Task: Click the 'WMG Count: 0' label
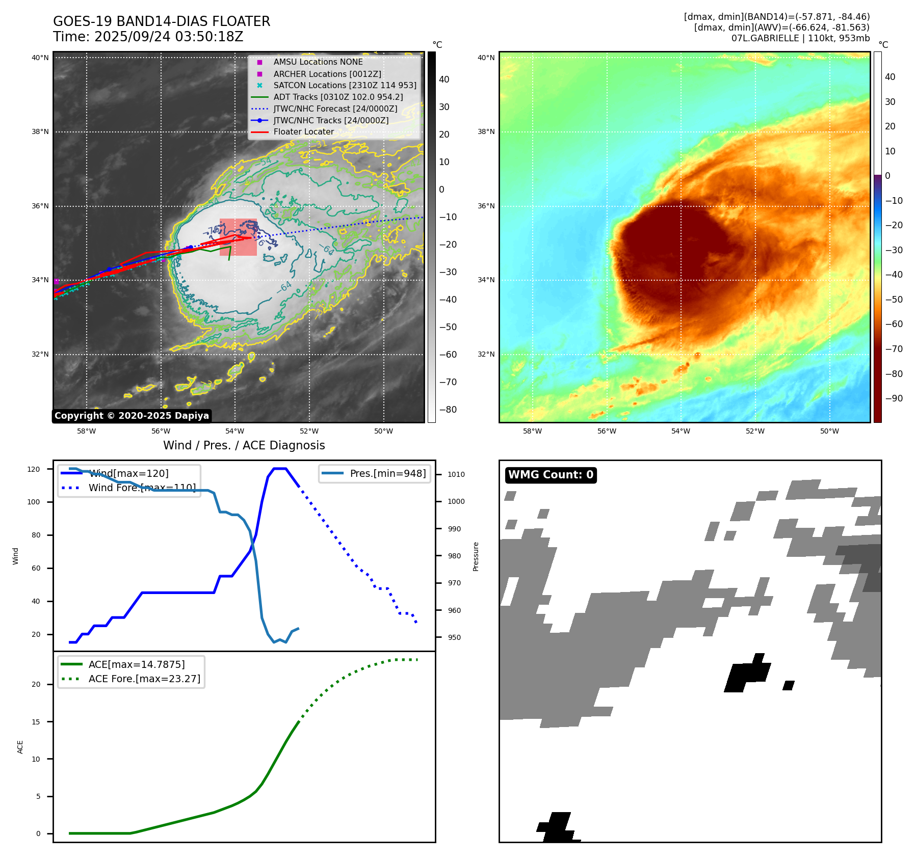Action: click(x=551, y=475)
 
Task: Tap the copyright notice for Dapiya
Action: click(x=132, y=416)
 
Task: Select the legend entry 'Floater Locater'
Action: click(x=303, y=132)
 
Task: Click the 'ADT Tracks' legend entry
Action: click(x=337, y=97)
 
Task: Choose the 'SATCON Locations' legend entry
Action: click(x=345, y=86)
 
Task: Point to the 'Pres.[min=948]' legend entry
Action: click(x=387, y=473)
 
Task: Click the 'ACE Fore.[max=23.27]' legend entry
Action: click(x=144, y=679)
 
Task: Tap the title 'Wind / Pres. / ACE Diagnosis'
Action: click(x=244, y=445)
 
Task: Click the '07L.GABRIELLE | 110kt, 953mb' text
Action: click(x=800, y=38)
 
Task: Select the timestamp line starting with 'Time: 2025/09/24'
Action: click(x=148, y=37)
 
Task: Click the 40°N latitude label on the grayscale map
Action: click(x=40, y=58)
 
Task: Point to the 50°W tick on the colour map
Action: click(x=829, y=431)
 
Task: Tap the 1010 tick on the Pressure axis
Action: click(x=456, y=474)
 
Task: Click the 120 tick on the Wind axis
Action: click(x=34, y=469)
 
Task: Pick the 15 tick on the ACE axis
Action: click(x=36, y=721)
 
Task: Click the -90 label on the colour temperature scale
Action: click(x=894, y=398)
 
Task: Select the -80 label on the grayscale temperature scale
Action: click(x=448, y=410)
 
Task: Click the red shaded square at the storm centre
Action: click(x=238, y=237)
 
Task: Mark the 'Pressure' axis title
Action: click(x=476, y=556)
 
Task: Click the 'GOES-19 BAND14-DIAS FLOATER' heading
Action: click(x=162, y=21)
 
